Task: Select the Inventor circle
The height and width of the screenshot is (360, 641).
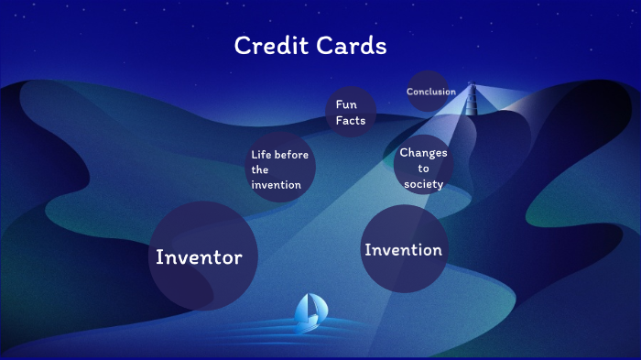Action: pos(202,256)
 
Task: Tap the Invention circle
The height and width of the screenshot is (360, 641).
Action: pos(403,249)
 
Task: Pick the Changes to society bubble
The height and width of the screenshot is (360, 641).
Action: pos(424,168)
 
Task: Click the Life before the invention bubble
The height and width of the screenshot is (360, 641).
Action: pos(282,169)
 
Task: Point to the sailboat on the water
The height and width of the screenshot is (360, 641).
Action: pos(308,313)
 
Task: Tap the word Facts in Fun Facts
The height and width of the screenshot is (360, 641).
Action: pos(350,121)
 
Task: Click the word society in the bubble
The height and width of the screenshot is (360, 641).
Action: pos(423,184)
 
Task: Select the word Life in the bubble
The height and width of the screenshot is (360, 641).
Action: pos(262,154)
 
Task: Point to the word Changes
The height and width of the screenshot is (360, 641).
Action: pos(423,153)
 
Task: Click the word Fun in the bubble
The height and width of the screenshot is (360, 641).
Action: pos(346,104)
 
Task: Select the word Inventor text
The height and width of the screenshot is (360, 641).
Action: pos(199,257)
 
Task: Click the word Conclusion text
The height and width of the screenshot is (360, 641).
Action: pos(431,92)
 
